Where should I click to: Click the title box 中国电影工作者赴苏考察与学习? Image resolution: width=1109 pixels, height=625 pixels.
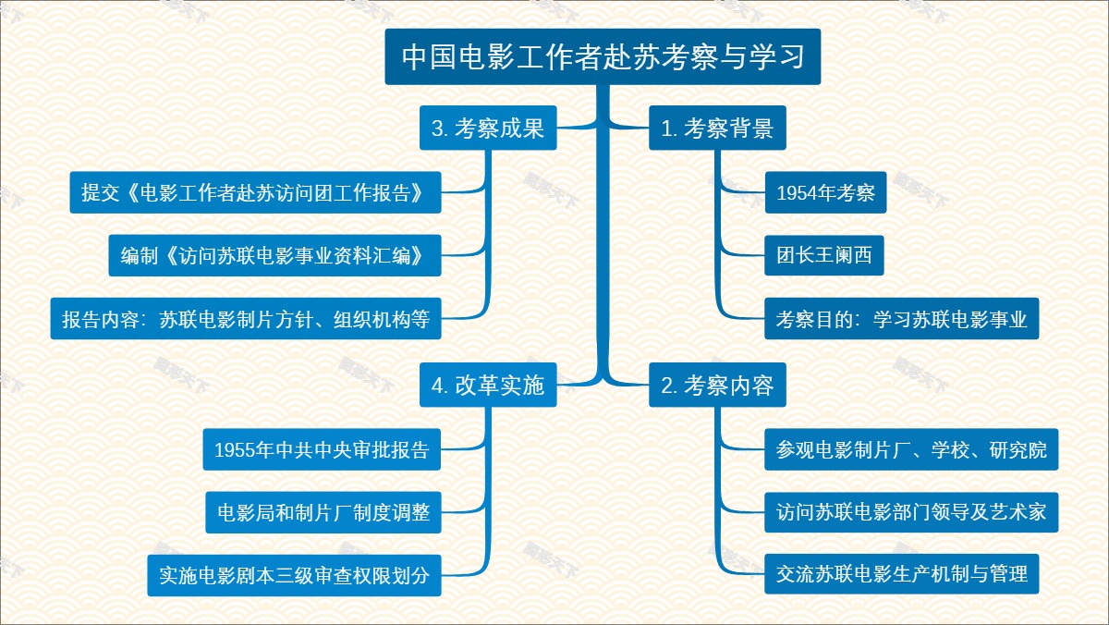[603, 57]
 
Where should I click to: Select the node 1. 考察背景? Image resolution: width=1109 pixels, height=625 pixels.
[717, 129]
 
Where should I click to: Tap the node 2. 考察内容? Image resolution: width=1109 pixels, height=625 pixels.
[717, 386]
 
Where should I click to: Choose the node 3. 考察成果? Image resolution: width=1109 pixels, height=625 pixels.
[488, 129]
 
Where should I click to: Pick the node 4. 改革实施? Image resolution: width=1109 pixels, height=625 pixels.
[488, 386]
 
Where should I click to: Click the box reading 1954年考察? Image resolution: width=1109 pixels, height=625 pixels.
[819, 193]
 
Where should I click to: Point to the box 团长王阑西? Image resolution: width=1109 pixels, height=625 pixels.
[824, 256]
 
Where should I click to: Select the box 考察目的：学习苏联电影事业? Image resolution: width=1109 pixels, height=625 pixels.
[902, 320]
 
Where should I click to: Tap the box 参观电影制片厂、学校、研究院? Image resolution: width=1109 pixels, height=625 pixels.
[911, 450]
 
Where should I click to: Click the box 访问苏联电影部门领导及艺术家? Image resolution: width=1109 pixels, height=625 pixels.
[911, 511]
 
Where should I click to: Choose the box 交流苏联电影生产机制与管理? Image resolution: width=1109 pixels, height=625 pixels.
[902, 574]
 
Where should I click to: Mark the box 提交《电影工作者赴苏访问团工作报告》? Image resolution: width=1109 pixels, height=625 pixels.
[254, 193]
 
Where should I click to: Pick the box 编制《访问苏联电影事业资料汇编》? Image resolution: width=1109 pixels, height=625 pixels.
[274, 256]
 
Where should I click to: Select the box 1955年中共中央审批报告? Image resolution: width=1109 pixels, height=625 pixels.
[321, 450]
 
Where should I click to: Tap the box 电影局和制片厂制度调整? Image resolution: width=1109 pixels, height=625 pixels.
[323, 511]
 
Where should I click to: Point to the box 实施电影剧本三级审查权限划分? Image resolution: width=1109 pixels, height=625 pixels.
[294, 574]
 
